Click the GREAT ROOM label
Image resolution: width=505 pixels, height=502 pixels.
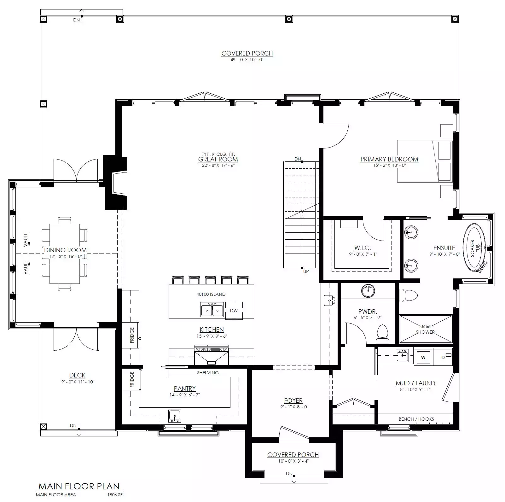coord(218,159)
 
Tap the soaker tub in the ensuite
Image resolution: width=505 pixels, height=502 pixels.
coord(475,248)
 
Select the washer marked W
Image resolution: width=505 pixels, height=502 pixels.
coord(423,357)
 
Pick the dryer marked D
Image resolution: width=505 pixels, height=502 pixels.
coord(443,357)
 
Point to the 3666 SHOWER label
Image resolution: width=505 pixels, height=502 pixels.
coord(425,329)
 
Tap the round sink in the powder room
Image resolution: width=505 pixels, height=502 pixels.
coord(368,290)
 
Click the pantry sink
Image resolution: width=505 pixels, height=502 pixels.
coord(175,416)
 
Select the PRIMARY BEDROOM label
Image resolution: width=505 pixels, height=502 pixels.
coord(389,159)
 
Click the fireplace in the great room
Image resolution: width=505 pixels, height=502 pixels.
coord(115,183)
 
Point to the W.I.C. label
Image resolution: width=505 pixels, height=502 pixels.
coord(363,248)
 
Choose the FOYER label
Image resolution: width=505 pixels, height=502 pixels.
coord(293,400)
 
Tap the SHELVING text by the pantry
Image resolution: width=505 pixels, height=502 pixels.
coord(208,373)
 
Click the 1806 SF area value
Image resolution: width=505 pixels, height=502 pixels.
coord(115,495)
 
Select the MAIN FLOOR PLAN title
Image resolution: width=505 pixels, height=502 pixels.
coord(79,486)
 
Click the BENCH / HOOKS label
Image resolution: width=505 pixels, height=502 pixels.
coord(416,419)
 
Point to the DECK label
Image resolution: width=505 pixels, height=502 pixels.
coord(77,375)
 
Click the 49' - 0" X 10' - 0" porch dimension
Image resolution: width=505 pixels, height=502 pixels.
coord(247,60)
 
